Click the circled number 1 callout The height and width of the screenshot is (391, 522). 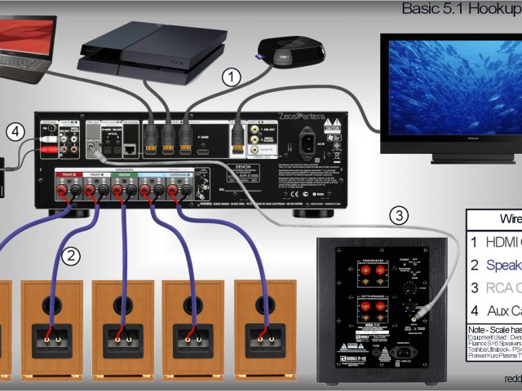(232, 78)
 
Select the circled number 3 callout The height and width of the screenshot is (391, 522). (398, 216)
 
